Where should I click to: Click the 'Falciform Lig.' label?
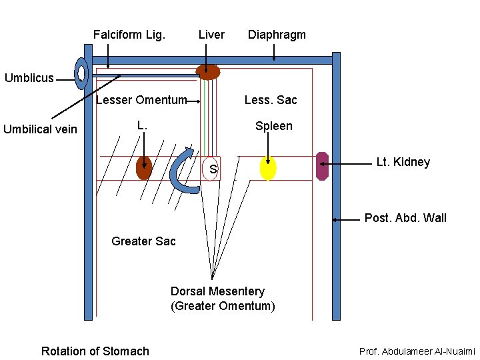tap(129, 35)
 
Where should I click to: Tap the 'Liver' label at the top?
tap(211, 35)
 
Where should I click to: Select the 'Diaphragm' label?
tap(277, 35)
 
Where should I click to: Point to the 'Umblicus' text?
tap(29, 78)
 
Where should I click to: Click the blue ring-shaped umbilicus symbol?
tap(81, 73)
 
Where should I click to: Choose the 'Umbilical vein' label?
tap(40, 129)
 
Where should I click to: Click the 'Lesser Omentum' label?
tap(141, 101)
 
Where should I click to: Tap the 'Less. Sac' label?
tap(271, 100)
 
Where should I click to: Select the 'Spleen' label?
tap(273, 126)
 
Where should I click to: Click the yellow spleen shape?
tap(267, 168)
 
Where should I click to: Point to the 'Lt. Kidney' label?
tap(403, 162)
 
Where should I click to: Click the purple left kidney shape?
tap(322, 166)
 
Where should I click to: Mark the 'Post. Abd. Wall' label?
tap(405, 218)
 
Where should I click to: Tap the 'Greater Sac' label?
tap(143, 241)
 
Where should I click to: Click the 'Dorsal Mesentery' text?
tap(217, 291)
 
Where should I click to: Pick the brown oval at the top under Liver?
tap(207, 72)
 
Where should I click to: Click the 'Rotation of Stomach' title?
tap(95, 351)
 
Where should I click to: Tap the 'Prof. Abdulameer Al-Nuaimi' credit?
tap(417, 351)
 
